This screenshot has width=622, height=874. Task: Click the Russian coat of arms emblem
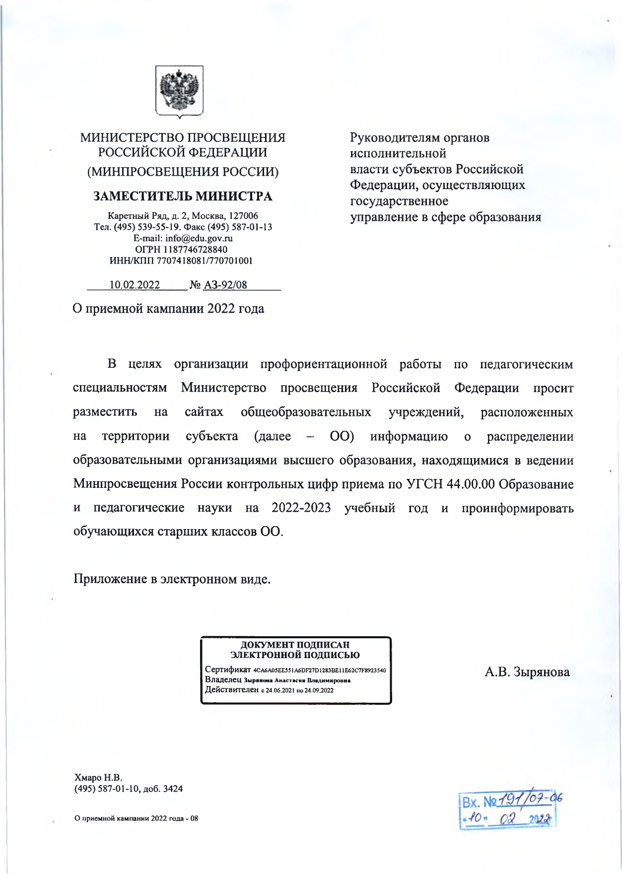pos(179,92)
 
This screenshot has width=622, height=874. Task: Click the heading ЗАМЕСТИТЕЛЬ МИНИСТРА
pos(183,197)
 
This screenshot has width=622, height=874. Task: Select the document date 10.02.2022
pos(135,285)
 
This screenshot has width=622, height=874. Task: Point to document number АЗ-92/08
pos(225,285)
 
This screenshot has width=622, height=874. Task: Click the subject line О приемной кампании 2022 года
pos(168,309)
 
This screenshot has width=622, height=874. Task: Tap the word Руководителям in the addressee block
pos(389,137)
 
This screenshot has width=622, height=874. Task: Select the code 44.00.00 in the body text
pos(471,484)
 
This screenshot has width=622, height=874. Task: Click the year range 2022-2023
pos(301,508)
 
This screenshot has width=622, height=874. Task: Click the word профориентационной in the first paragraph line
pos(324,364)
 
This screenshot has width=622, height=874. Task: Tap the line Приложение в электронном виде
pos(172,579)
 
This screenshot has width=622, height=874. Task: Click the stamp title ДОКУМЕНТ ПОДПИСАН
pos(295,645)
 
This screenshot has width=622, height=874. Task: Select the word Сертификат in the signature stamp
pos(228,670)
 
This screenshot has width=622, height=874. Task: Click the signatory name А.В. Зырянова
pos(527,672)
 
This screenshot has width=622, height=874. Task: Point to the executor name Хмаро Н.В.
pos(98,777)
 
